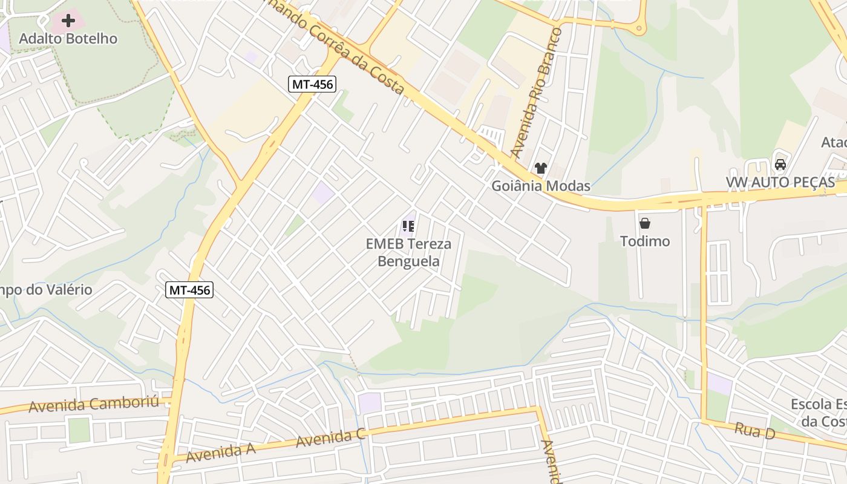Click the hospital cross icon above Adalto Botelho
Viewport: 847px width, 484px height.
[x=68, y=21]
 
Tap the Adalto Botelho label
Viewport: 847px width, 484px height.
[x=68, y=39]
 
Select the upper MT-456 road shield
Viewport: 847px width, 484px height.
[x=312, y=84]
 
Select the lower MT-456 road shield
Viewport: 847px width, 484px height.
[x=189, y=290]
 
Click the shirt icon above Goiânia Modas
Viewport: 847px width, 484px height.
[x=540, y=168]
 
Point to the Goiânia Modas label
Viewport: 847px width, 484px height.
[x=540, y=186]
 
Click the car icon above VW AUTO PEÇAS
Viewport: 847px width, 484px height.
[x=780, y=165]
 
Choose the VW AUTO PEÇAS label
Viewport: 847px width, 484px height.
[x=780, y=183]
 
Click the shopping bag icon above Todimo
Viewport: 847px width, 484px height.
[x=645, y=224]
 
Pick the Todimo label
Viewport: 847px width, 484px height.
[x=645, y=241]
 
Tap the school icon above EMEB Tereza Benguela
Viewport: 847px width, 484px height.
[x=408, y=227]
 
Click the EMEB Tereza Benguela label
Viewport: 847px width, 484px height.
[x=408, y=252]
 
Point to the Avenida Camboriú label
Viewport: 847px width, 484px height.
[x=94, y=404]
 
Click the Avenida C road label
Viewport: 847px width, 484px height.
[x=330, y=437]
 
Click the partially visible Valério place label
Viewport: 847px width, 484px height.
[x=46, y=290]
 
